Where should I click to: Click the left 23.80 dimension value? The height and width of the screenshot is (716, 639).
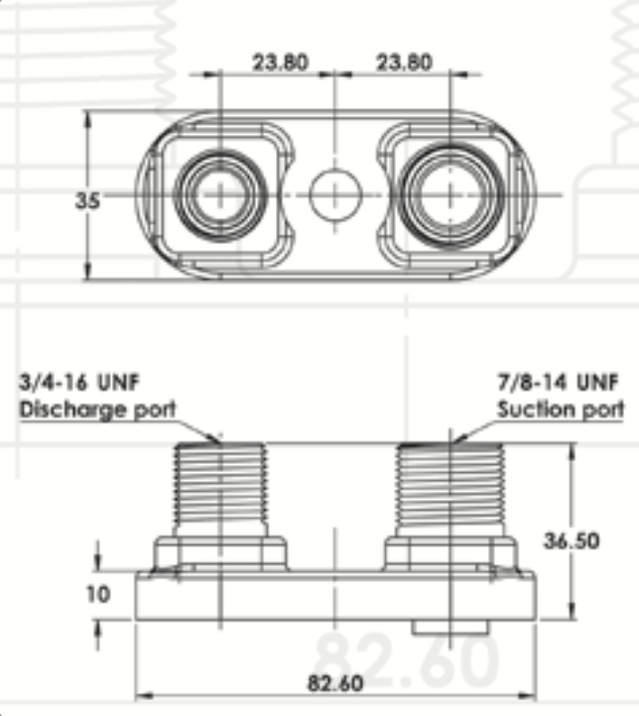281,62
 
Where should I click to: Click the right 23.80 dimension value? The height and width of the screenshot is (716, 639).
404,62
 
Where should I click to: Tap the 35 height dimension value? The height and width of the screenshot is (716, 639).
86,200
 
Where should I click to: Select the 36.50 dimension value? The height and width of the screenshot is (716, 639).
571,541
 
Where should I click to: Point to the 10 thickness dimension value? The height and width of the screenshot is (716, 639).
98,595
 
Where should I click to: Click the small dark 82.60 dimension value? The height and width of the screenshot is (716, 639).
335,683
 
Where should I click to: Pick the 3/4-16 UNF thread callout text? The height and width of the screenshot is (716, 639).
79,382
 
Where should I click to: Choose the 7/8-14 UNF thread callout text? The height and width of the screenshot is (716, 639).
558,382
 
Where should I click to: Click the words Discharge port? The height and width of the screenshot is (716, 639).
97,410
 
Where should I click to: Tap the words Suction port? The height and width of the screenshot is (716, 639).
561,410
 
